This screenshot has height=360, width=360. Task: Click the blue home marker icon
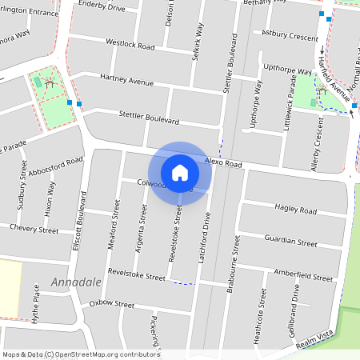(180, 172)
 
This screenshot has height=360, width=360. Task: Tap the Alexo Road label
(222, 162)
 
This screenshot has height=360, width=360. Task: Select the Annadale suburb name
(77, 282)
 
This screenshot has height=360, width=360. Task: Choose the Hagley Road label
(295, 209)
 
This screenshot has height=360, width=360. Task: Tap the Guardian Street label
(290, 242)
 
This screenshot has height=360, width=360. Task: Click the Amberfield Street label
(302, 277)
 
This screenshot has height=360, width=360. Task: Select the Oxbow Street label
(112, 304)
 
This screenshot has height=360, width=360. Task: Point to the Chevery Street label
(34, 230)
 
